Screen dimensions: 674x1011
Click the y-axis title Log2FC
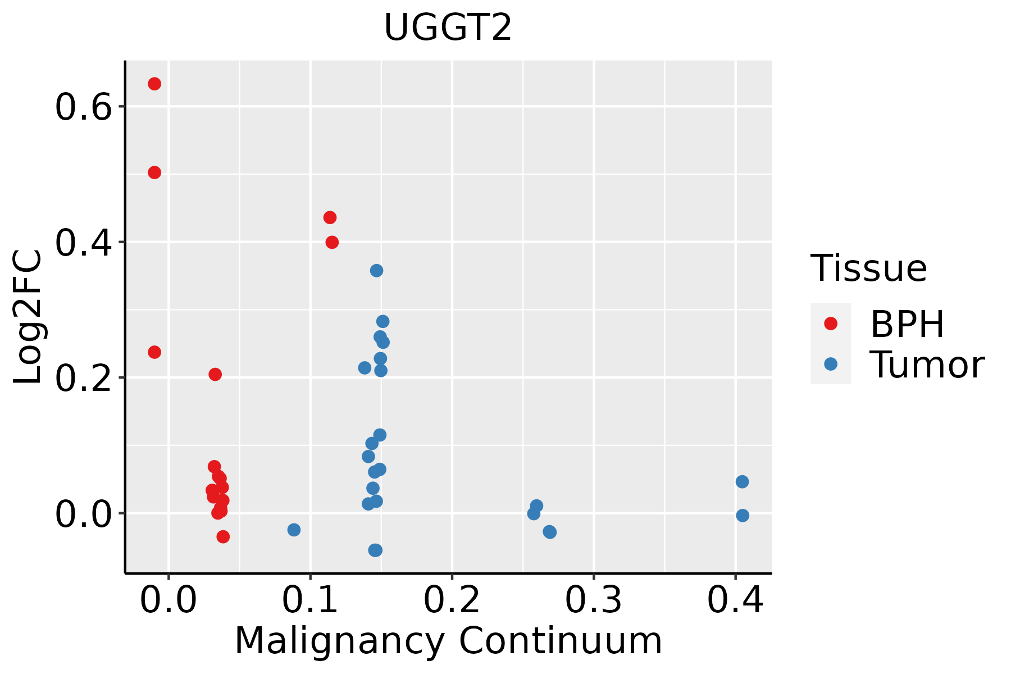tap(28, 317)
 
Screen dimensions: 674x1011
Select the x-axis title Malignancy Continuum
tap(448, 641)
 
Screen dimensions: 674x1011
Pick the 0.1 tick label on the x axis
tap(310, 600)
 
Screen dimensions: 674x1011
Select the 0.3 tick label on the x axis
tap(593, 600)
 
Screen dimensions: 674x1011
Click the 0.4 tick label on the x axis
tap(735, 600)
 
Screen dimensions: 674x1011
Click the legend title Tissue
tap(868, 268)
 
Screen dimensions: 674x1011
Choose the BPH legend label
tap(907, 324)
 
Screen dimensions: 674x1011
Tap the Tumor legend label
tap(927, 365)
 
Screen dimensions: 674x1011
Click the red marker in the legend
tap(830, 324)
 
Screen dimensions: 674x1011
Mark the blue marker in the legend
tap(830, 364)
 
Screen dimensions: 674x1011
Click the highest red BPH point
tap(154, 84)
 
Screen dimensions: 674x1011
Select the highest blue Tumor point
tap(376, 271)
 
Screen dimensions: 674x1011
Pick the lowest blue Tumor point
tap(375, 550)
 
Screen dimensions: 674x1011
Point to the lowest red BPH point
tap(223, 536)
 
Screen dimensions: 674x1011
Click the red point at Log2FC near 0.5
tap(154, 172)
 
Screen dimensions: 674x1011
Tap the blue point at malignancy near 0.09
tap(294, 530)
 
